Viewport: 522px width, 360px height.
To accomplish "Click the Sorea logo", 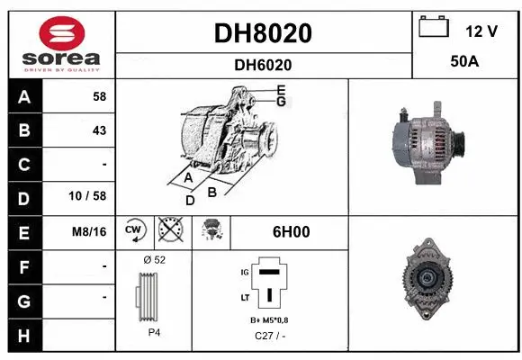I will [61, 43].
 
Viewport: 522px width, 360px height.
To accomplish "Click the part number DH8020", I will [263, 33].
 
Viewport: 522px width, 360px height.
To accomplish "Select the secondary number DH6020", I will [263, 65].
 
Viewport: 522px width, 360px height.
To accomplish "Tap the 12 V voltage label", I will [481, 31].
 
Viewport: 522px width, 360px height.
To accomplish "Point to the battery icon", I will [434, 28].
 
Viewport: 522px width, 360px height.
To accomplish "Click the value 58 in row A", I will [99, 95].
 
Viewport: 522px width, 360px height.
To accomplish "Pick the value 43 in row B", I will [99, 130].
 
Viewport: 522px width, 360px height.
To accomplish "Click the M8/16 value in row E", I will [90, 231].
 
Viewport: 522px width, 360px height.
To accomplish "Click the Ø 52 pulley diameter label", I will [154, 259].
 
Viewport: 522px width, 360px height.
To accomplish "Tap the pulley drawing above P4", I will [152, 296].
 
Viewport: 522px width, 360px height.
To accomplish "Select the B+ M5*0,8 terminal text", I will [269, 319].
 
